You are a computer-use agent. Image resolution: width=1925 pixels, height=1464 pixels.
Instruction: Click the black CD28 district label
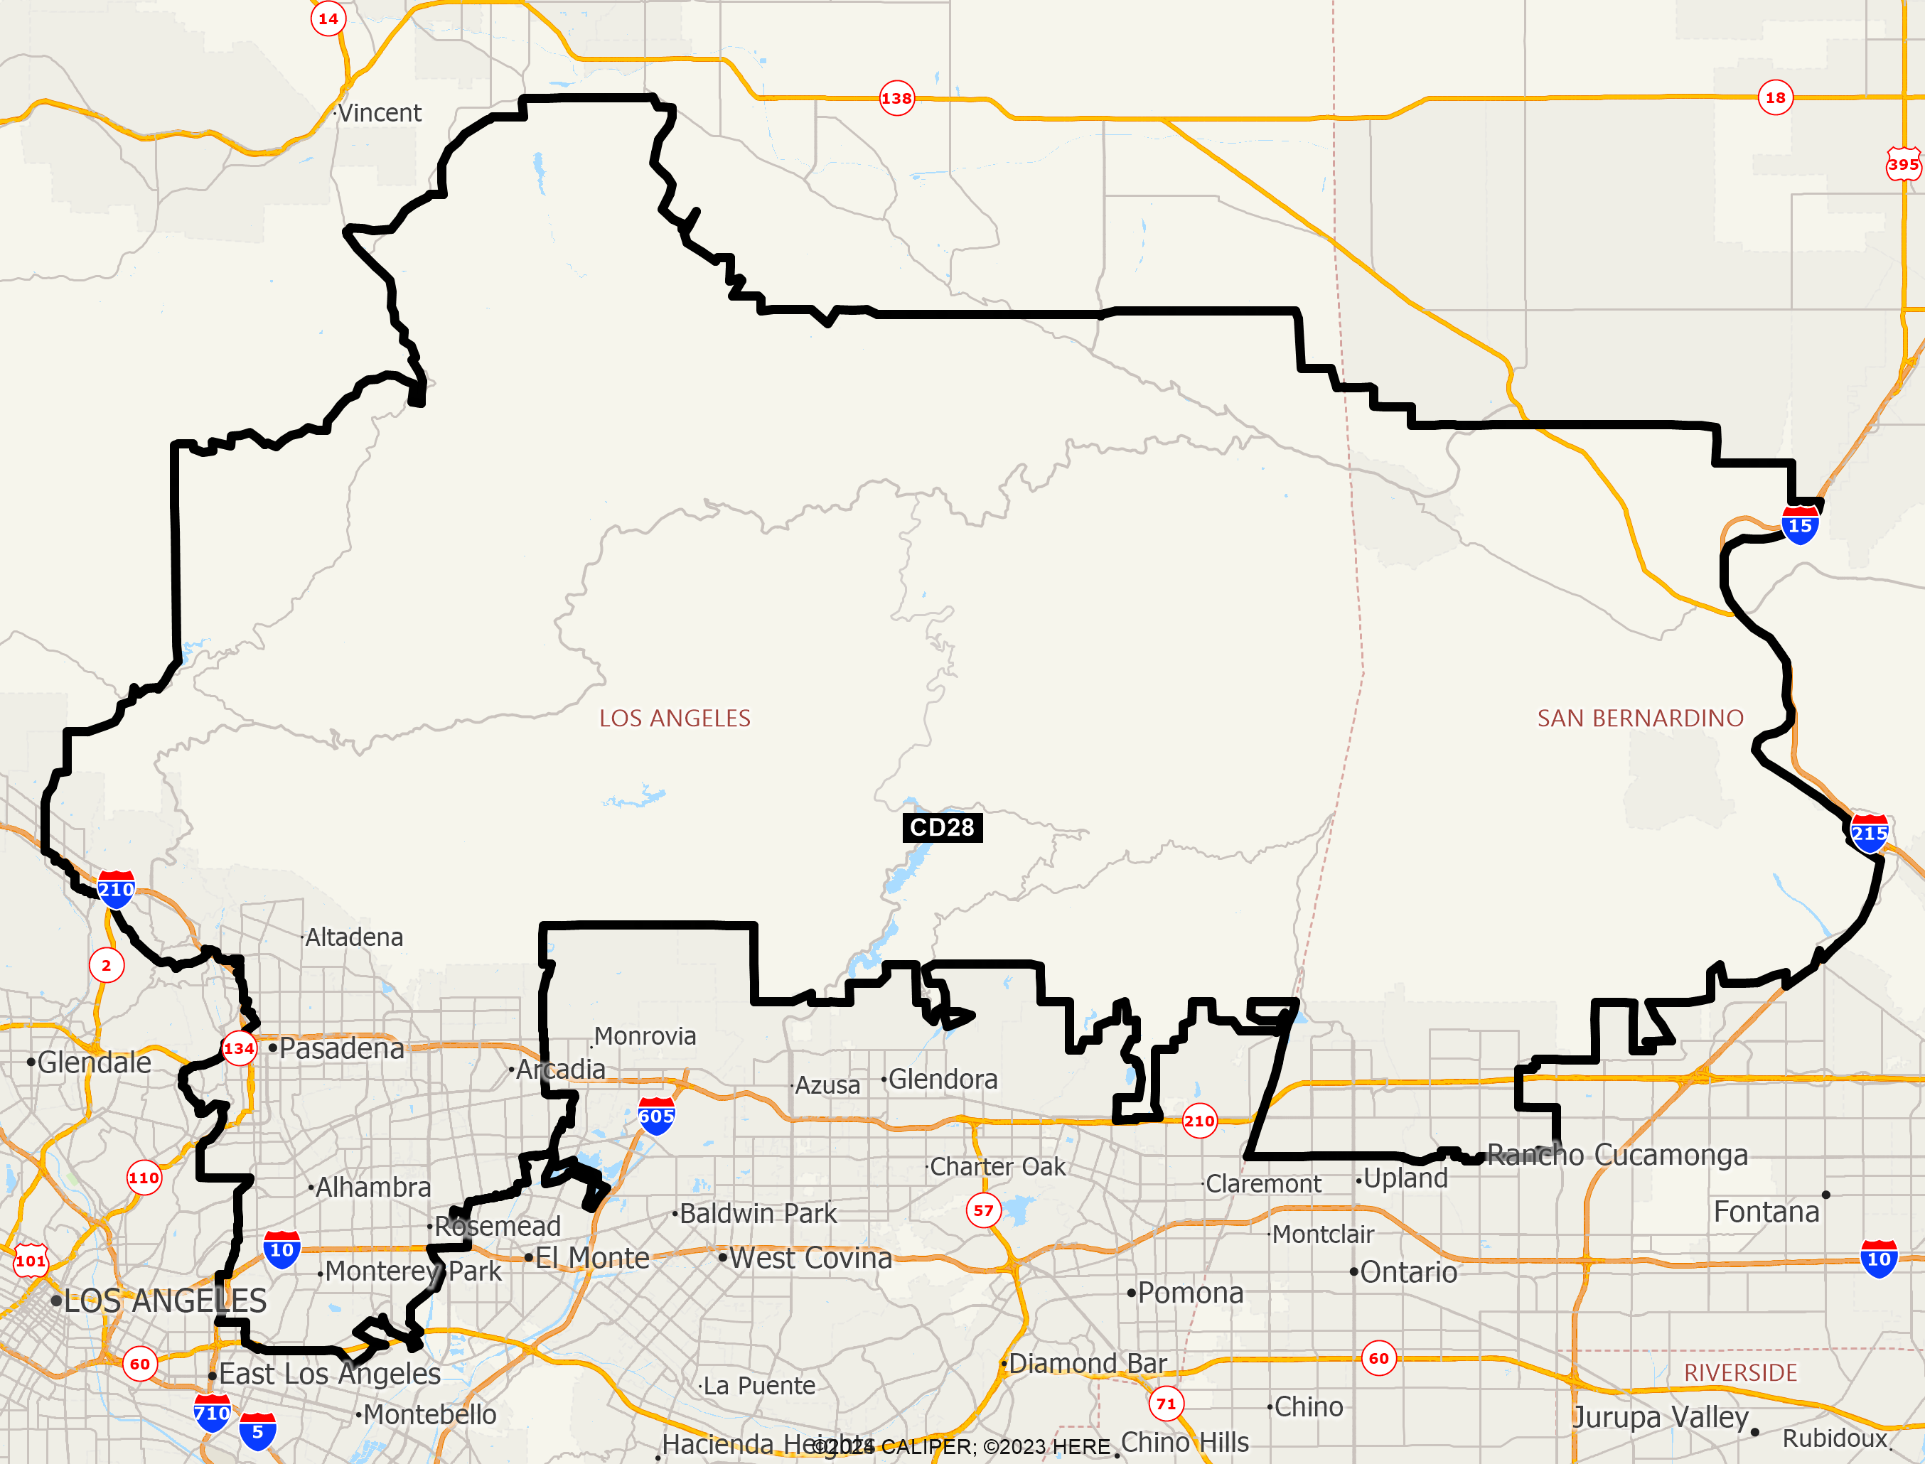point(942,827)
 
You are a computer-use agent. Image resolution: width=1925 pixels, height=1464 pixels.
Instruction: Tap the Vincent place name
point(379,113)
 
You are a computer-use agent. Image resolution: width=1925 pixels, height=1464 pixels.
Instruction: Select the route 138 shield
point(896,99)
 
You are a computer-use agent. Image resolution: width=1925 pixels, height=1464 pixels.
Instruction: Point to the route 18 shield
point(1775,97)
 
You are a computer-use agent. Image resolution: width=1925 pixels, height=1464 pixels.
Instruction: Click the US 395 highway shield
point(1903,164)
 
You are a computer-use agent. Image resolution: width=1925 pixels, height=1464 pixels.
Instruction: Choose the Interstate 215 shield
point(1870,834)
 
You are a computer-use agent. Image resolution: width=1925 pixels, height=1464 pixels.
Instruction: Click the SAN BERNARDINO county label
point(1640,718)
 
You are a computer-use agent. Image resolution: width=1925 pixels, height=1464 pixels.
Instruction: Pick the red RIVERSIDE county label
point(1740,1372)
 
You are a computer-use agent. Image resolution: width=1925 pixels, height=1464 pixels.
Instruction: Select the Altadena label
point(354,937)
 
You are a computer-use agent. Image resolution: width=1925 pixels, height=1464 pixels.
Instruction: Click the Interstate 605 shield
point(656,1116)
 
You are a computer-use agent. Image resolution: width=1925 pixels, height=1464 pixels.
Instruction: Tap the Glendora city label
point(942,1080)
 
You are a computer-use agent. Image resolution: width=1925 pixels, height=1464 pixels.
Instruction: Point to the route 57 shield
point(984,1210)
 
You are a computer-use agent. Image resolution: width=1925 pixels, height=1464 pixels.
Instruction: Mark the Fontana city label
point(1766,1212)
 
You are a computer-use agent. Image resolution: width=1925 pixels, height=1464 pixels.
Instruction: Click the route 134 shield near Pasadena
point(239,1048)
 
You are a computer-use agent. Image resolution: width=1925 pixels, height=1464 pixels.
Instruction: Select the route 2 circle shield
point(107,966)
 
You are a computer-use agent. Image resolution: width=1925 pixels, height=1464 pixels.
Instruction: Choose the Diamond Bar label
point(1087,1363)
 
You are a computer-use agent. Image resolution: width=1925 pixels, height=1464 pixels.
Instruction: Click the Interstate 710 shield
point(213,1413)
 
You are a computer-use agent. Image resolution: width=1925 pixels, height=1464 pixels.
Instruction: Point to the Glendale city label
point(94,1063)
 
